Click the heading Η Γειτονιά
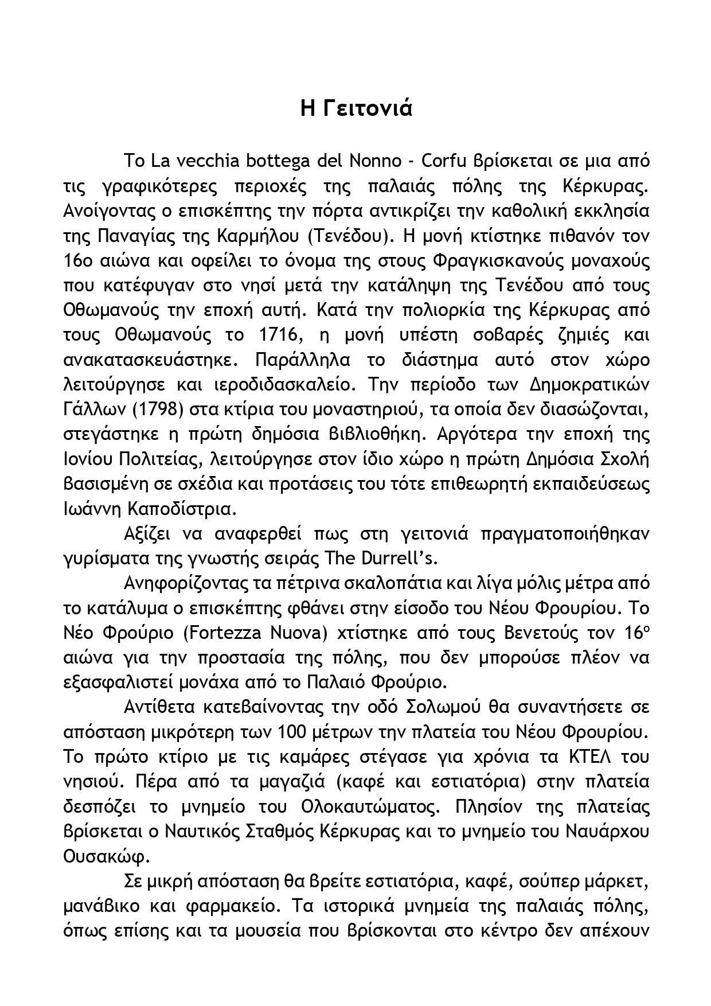click(x=356, y=108)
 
